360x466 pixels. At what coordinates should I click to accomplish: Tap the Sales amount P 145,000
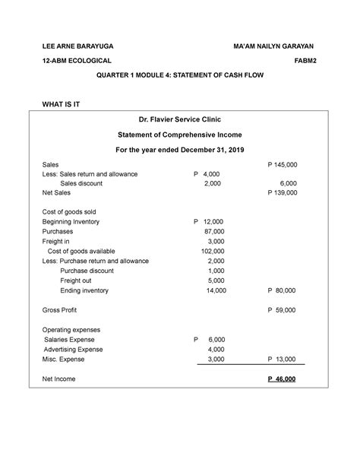point(282,164)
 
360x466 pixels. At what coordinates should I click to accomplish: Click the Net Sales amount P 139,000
point(282,193)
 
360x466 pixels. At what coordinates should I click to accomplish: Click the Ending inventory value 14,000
point(214,290)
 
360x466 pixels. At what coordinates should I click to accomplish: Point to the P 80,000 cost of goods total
point(283,290)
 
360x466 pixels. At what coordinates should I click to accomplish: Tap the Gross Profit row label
point(59,310)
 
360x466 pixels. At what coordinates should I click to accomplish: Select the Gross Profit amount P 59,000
point(283,310)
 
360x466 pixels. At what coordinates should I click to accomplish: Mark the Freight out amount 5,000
point(216,281)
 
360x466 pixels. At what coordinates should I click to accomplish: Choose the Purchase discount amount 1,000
point(216,271)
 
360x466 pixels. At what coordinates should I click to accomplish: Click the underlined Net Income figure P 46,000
point(281,379)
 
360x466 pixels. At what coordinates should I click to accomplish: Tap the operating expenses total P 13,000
point(283,359)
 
